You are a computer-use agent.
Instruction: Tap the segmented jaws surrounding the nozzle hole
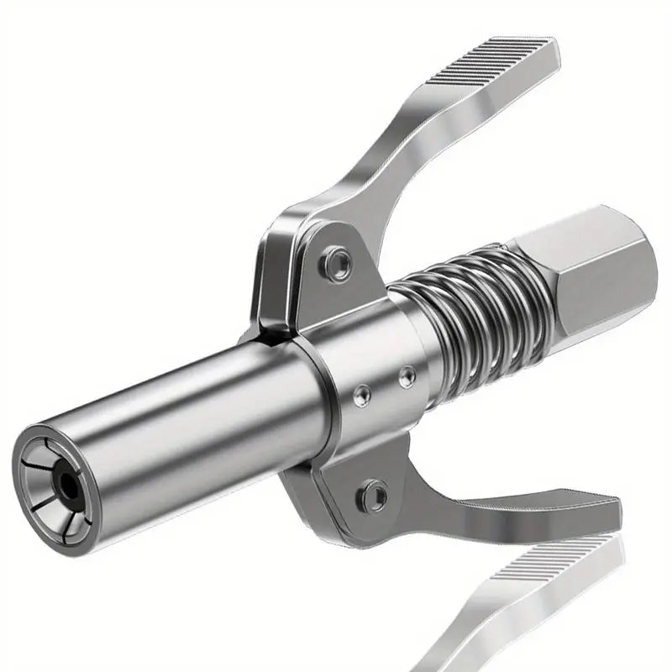pos(49,471)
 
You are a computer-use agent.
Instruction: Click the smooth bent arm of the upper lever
pos(378,168)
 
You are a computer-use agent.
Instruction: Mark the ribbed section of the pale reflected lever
pos(546,571)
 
